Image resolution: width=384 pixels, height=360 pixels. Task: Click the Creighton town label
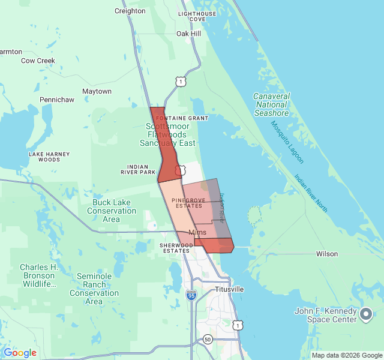click(x=130, y=11)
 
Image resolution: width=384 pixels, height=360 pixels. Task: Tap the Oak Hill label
click(x=188, y=34)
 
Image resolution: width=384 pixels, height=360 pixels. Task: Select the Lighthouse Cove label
click(x=197, y=16)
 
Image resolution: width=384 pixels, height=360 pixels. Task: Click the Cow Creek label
click(x=38, y=61)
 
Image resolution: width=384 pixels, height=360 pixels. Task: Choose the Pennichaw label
click(x=56, y=99)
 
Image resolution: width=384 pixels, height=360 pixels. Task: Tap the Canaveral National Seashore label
click(x=271, y=104)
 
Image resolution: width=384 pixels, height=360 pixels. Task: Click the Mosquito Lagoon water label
click(x=287, y=142)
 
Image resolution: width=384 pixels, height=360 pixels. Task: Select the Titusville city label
click(x=229, y=289)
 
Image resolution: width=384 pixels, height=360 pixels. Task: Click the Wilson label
click(x=327, y=254)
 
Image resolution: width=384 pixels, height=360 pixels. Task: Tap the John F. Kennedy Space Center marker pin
click(x=366, y=313)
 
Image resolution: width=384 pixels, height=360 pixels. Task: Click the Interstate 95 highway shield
click(x=191, y=295)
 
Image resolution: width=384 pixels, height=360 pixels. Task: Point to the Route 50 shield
click(x=208, y=340)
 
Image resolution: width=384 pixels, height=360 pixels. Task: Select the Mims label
click(x=197, y=232)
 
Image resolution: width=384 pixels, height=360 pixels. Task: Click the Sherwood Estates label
click(x=175, y=248)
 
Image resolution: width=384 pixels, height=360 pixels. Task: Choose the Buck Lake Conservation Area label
click(x=112, y=211)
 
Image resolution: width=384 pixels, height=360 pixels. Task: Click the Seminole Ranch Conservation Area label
click(x=94, y=289)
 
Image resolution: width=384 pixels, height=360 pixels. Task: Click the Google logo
click(x=20, y=353)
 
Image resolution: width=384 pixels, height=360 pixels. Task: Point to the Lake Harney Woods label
click(x=45, y=157)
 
